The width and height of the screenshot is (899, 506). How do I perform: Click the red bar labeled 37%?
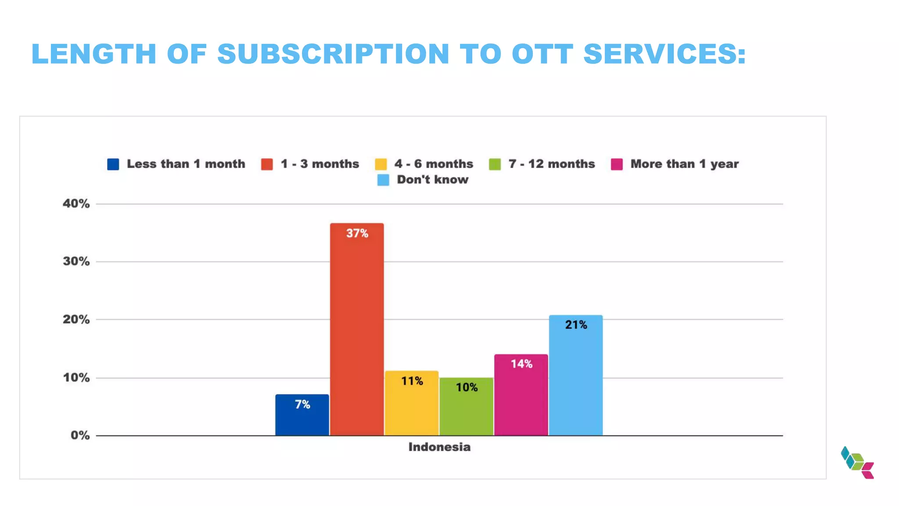tap(356, 329)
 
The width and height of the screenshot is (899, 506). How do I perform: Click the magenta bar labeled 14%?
tap(521, 395)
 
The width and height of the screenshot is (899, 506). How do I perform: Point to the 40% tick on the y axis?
tap(76, 204)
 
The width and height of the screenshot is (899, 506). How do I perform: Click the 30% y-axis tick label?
tap(76, 262)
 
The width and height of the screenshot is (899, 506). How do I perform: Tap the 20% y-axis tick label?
tap(76, 320)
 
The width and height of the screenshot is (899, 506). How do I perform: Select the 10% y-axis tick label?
tap(76, 378)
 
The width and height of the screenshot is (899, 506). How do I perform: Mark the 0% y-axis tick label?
tap(80, 436)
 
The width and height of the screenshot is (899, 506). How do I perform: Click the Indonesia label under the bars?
tap(439, 447)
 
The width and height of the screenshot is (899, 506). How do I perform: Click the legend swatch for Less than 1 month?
tap(113, 164)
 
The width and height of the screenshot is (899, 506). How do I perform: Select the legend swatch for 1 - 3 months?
tap(267, 164)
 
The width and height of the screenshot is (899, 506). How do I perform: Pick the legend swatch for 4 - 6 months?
tap(381, 164)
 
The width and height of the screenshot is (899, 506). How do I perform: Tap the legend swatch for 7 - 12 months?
tap(495, 164)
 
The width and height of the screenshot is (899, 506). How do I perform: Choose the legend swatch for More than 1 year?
tap(617, 164)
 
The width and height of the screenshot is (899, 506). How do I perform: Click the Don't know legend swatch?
tap(383, 180)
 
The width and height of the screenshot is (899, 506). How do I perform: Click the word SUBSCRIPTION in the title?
tap(334, 54)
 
